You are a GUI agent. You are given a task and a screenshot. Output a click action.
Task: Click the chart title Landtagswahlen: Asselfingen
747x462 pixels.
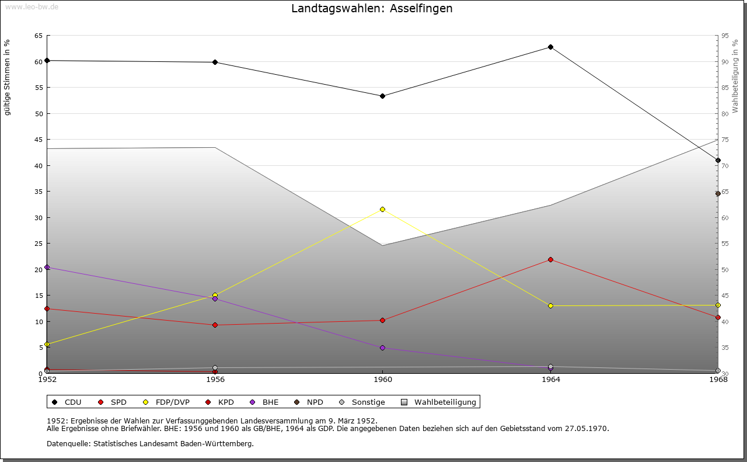point(372,9)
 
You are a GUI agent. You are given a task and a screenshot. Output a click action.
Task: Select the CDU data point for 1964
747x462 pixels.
point(550,47)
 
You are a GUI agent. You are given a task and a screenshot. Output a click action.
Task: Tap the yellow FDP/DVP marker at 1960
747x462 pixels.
point(382,209)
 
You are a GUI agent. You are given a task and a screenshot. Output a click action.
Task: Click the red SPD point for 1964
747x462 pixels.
point(550,259)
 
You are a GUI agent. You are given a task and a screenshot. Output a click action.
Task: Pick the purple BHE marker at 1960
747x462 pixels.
point(382,348)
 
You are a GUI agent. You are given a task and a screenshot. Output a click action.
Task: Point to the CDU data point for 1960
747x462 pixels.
point(382,96)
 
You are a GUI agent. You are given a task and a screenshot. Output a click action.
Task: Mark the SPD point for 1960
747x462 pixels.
point(382,320)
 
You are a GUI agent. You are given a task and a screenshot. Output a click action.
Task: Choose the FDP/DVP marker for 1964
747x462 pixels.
point(550,305)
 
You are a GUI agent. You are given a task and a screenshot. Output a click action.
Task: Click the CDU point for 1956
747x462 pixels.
point(215,62)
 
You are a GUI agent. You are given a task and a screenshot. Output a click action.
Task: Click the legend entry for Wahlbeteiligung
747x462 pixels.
point(445,402)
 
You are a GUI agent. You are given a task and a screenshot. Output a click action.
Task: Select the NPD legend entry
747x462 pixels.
point(315,402)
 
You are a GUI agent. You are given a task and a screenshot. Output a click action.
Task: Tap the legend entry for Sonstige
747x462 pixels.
point(368,402)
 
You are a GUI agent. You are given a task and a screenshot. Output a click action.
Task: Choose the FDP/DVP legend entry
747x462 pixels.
point(172,402)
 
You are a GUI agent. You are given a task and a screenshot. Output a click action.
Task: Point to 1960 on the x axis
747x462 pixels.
point(382,380)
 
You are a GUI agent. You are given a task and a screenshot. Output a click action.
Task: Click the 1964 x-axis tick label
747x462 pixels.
point(550,380)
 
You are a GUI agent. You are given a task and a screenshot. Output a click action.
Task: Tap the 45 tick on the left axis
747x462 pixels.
point(38,140)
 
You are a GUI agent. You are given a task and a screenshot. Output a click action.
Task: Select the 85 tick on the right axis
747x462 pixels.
point(725,88)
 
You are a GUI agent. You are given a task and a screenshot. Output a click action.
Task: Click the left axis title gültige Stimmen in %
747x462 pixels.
point(8,77)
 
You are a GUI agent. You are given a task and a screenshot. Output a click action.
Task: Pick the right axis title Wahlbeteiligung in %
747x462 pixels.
point(735,76)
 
